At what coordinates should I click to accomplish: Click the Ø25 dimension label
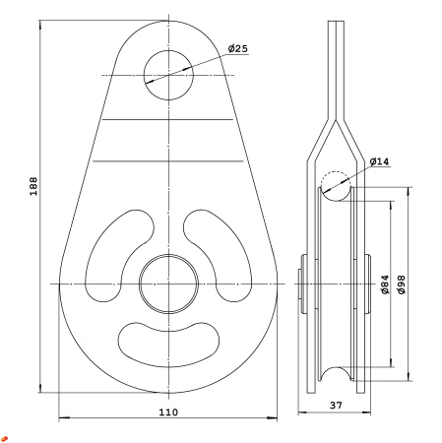click(238, 48)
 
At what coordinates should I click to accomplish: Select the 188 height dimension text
click(33, 186)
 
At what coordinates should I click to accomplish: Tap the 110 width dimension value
click(168, 412)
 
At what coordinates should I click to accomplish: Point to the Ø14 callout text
click(379, 161)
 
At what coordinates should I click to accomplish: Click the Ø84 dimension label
click(385, 285)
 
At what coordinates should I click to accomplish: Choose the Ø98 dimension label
click(401, 285)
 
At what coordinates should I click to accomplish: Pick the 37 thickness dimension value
click(336, 406)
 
